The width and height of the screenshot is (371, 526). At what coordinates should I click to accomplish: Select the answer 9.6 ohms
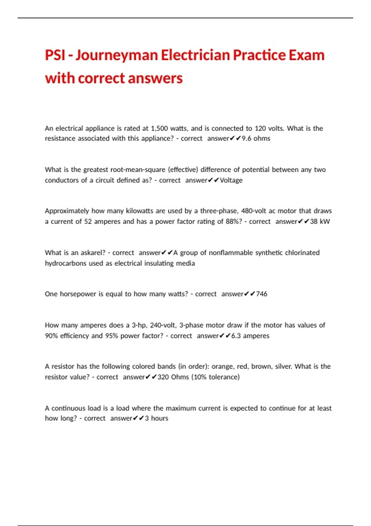256,138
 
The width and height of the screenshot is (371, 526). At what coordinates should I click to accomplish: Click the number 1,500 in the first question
159,128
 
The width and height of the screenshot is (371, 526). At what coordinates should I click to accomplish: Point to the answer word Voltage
231,180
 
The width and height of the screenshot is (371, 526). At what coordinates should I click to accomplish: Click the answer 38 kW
320,222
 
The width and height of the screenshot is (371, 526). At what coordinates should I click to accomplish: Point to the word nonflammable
231,253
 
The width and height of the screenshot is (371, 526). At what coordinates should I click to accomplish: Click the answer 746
262,294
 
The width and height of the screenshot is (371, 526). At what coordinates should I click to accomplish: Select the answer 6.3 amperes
250,336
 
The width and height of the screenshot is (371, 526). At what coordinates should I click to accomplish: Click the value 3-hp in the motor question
139,325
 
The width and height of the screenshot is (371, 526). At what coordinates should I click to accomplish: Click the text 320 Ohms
173,377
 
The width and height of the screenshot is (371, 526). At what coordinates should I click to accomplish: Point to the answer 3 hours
156,418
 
